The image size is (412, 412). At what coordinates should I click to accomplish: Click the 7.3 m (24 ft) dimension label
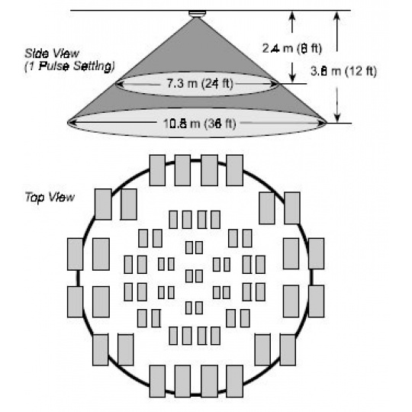[x=200, y=84]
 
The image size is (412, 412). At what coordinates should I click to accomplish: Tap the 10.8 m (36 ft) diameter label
[x=200, y=124]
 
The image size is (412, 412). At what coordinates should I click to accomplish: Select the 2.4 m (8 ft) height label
[x=292, y=48]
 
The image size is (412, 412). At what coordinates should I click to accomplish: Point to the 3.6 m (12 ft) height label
[x=343, y=71]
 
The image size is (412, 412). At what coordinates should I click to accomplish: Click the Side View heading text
[x=52, y=53]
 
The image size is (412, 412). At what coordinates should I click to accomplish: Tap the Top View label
[x=50, y=197]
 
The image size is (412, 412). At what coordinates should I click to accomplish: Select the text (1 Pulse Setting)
[x=69, y=66]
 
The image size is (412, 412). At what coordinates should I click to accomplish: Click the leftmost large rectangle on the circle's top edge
[x=157, y=170]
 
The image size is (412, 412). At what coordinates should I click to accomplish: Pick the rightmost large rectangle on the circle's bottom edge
[x=235, y=381]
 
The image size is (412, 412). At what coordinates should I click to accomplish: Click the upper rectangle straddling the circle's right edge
[x=317, y=253]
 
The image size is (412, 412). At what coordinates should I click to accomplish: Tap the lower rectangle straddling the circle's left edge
[x=75, y=301]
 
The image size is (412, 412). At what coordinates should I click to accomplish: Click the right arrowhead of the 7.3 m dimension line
[x=275, y=84]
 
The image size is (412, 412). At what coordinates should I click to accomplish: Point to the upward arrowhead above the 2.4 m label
[x=292, y=15]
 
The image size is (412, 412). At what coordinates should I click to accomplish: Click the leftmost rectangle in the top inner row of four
[x=173, y=220]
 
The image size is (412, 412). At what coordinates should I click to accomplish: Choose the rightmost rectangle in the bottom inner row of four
[x=215, y=336]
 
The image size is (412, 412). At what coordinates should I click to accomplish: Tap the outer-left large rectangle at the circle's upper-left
[x=103, y=204]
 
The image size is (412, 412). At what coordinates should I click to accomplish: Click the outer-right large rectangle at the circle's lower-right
[x=288, y=349]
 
